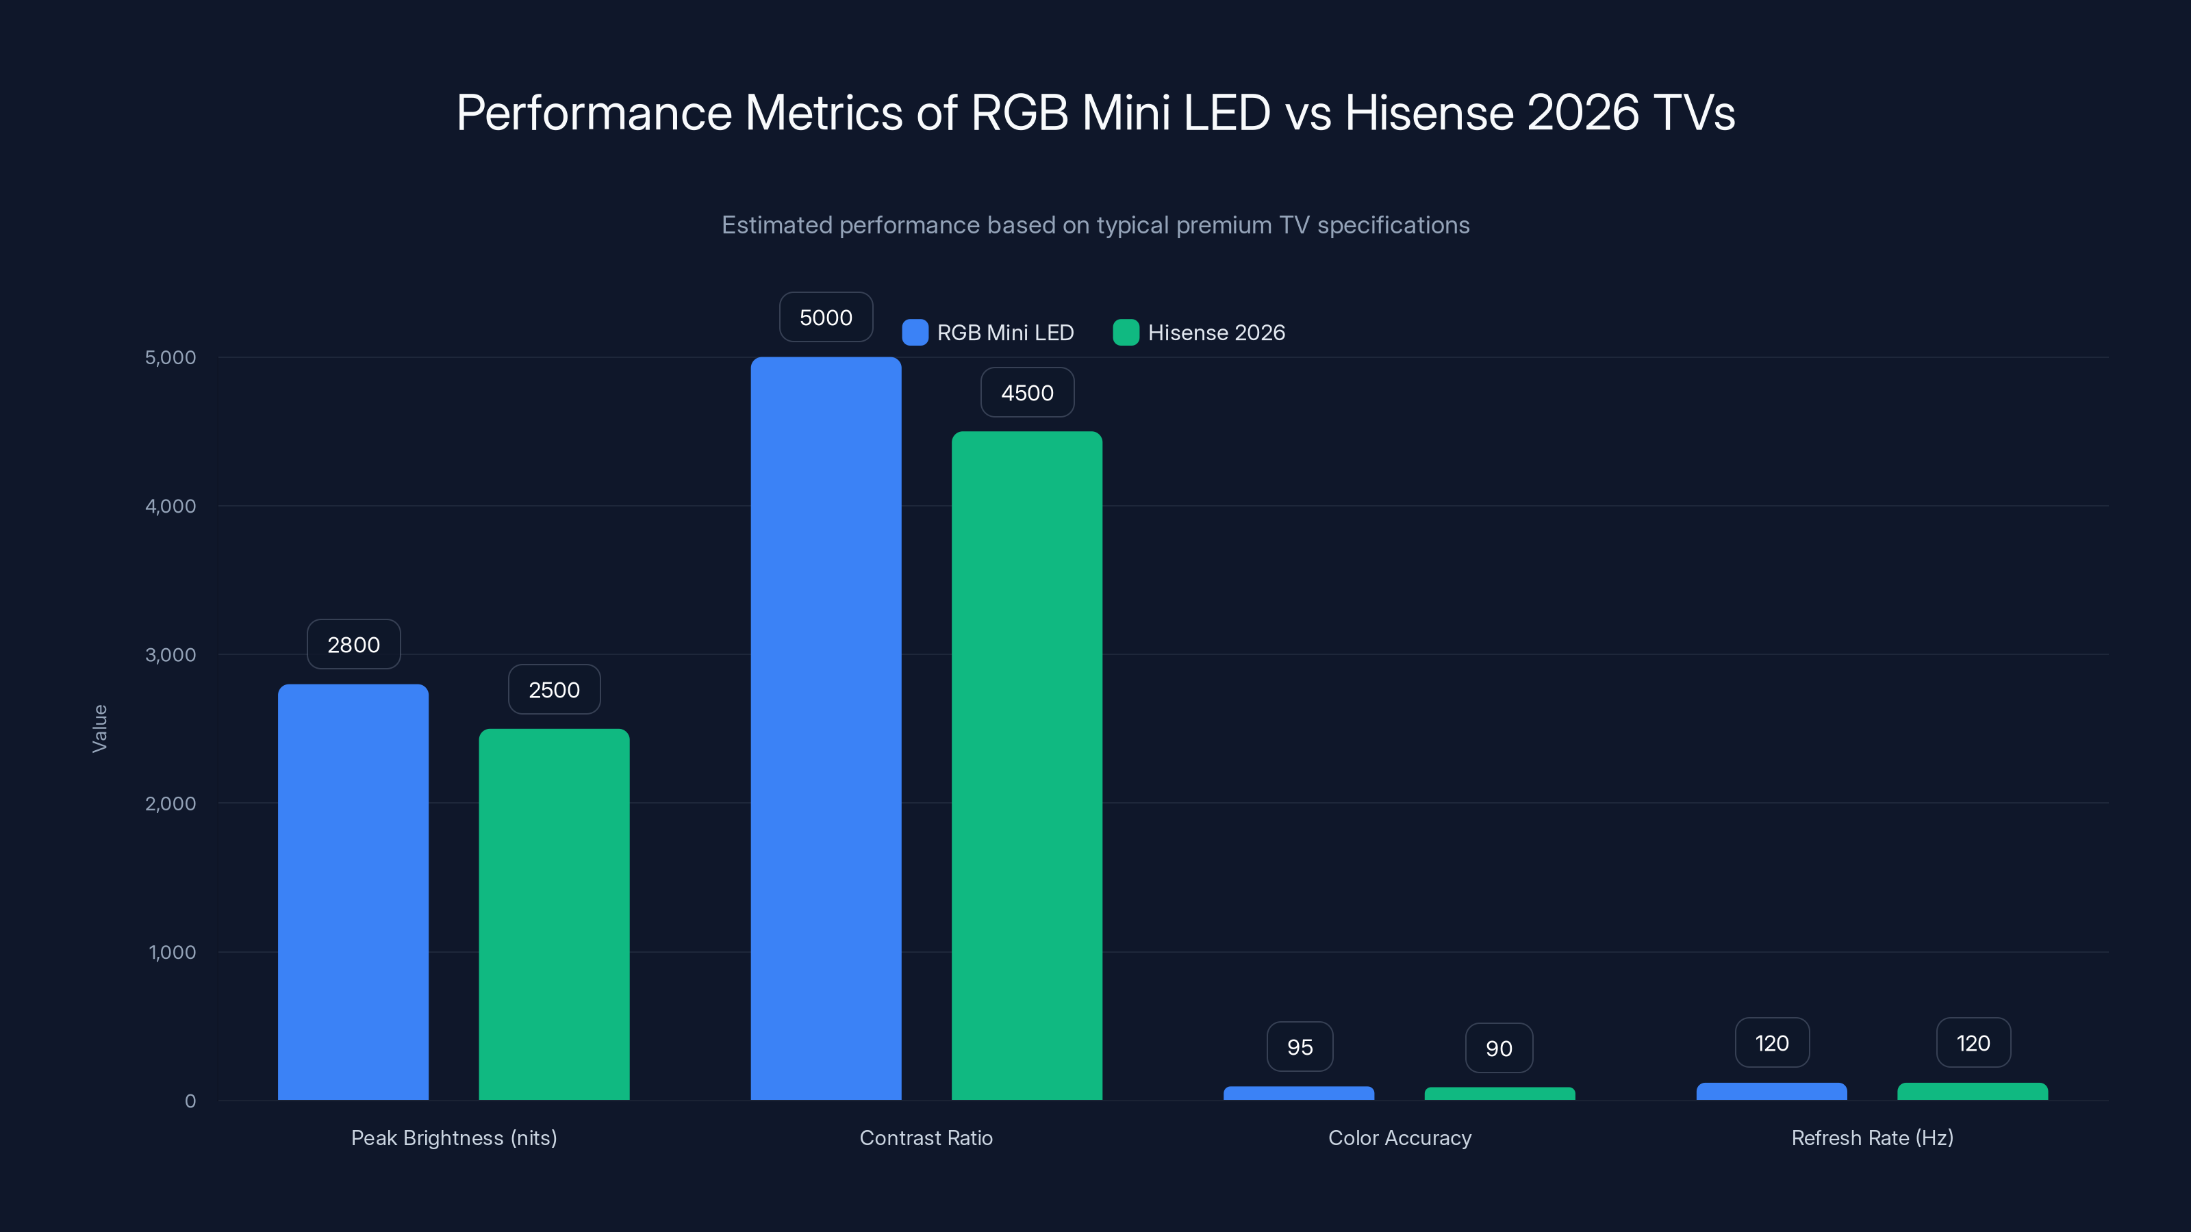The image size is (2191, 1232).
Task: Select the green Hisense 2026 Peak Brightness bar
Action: click(554, 914)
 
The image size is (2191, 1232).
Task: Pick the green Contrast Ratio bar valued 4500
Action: click(1026, 765)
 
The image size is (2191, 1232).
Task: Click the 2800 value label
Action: click(353, 645)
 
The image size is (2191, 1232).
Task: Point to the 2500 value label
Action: click(554, 689)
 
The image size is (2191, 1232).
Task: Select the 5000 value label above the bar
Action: click(826, 317)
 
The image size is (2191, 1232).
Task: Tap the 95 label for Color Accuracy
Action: click(1300, 1047)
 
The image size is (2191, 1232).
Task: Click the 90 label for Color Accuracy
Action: click(1499, 1049)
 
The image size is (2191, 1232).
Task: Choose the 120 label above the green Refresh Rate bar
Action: click(1973, 1042)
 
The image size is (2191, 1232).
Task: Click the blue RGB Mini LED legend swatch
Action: click(914, 333)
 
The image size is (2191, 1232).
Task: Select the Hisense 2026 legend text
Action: click(1216, 333)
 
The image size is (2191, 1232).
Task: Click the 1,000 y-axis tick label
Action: click(172, 952)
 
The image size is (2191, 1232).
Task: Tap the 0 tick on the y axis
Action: click(190, 1101)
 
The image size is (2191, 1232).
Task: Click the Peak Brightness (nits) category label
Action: click(454, 1138)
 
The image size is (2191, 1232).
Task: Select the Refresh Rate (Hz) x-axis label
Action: click(1872, 1138)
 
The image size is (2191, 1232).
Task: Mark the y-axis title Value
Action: click(99, 728)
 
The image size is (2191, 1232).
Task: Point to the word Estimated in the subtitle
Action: click(776, 225)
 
